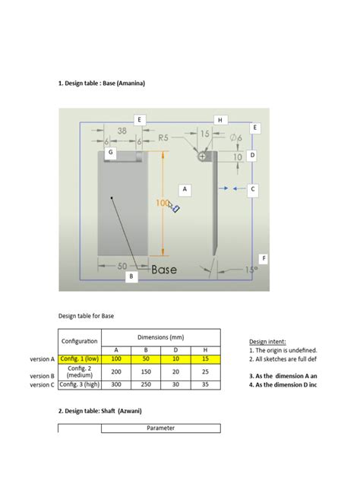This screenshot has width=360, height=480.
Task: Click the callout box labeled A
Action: click(184, 188)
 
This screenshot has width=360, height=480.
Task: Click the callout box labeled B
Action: click(131, 278)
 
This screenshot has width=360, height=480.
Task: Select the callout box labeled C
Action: click(253, 188)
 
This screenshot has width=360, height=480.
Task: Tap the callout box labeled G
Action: click(111, 153)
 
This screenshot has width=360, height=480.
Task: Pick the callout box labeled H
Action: click(219, 120)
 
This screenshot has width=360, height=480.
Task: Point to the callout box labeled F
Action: click(263, 258)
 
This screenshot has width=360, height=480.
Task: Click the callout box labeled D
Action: click(252, 155)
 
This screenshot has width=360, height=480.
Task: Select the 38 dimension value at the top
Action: click(122, 131)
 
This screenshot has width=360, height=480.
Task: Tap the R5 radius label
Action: click(163, 137)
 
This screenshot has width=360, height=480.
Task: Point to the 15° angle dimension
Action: click(251, 269)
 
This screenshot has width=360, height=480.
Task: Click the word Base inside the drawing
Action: click(164, 270)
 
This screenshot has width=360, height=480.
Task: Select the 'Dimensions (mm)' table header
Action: click(160, 338)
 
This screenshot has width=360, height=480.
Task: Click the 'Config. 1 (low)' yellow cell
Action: click(80, 359)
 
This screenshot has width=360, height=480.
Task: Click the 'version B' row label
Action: click(42, 375)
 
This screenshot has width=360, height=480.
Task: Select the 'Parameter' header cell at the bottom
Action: click(160, 428)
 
